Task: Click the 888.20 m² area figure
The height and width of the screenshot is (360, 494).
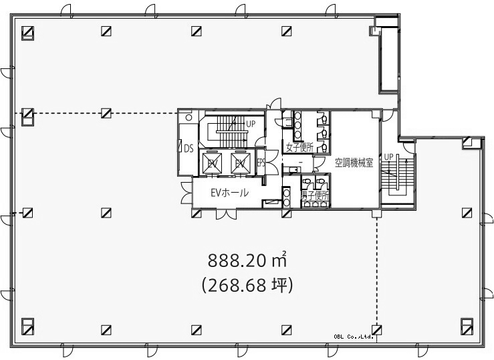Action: click(247, 260)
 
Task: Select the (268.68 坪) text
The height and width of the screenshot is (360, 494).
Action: click(247, 285)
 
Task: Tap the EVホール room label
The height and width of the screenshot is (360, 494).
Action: click(229, 192)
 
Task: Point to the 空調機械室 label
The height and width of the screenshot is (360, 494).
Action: click(354, 163)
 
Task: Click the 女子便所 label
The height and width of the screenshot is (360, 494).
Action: click(299, 147)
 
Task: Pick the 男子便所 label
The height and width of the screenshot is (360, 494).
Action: click(315, 196)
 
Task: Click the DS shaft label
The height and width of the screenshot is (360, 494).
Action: click(189, 148)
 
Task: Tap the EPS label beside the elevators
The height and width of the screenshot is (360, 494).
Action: click(261, 163)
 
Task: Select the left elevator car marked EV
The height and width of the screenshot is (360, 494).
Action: click(212, 163)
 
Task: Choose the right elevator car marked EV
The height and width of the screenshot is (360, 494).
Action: click(241, 163)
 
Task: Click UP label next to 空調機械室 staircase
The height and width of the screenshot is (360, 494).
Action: click(389, 157)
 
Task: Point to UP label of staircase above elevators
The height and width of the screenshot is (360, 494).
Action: click(251, 124)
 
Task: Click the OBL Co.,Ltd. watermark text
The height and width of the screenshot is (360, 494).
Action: click(354, 337)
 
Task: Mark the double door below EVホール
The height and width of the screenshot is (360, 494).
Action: click(226, 213)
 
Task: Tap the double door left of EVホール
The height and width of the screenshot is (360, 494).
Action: click(187, 193)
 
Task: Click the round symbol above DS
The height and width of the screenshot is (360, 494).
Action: click(189, 118)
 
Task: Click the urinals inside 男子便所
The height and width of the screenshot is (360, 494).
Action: click(315, 204)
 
